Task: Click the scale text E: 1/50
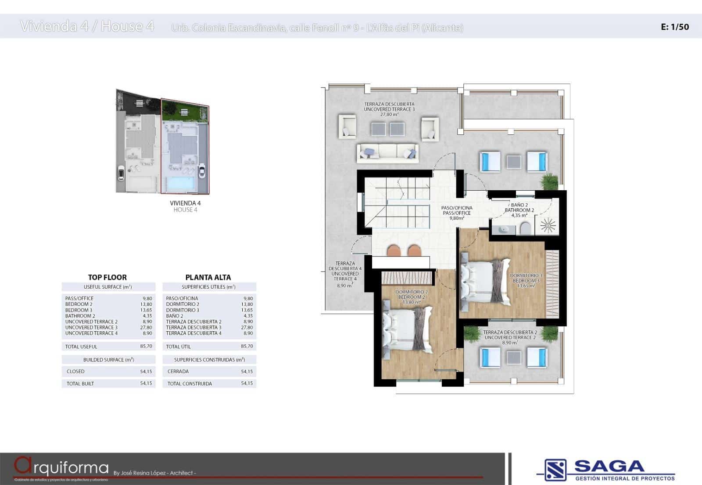pyautogui.click(x=675, y=27)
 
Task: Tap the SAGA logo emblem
pyautogui.click(x=555, y=470)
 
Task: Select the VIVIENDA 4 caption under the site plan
pyautogui.click(x=185, y=203)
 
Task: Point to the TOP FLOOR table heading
pyautogui.click(x=107, y=277)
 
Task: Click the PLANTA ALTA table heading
pyautogui.click(x=208, y=277)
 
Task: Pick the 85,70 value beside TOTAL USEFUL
pyautogui.click(x=146, y=346)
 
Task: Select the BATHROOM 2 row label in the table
pyautogui.click(x=80, y=316)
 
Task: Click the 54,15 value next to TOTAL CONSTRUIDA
pyautogui.click(x=247, y=384)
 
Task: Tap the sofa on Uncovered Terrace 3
pyautogui.click(x=387, y=152)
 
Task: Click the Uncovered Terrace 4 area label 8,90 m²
pyautogui.click(x=344, y=286)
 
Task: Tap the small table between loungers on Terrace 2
pyautogui.click(x=514, y=358)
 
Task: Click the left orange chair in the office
pyautogui.click(x=394, y=251)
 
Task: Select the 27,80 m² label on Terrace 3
pyautogui.click(x=389, y=114)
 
